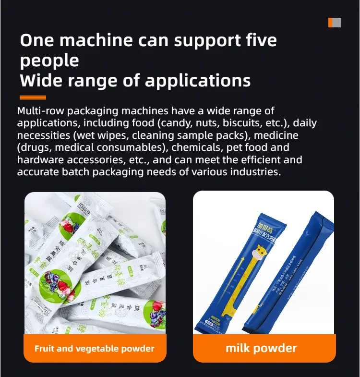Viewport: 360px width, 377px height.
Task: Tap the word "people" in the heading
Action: pos(49,61)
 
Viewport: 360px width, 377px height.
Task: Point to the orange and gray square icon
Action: pos(335,22)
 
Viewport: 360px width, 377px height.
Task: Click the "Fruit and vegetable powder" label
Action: pos(95,348)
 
